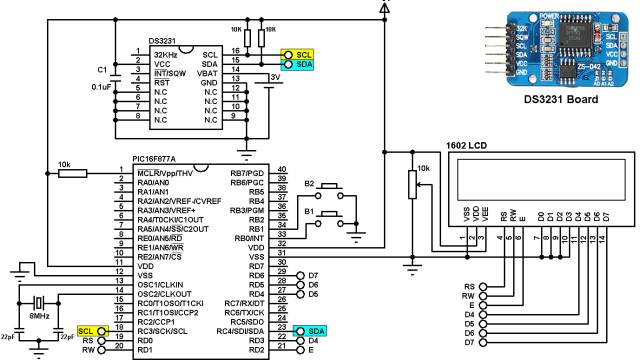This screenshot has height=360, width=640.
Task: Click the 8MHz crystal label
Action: pos(39,316)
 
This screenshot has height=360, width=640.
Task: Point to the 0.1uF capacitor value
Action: pos(101,87)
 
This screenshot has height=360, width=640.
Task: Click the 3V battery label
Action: pos(275,76)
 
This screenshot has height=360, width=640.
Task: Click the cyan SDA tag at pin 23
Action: pos(315,330)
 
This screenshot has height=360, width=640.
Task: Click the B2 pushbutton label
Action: pos(309,184)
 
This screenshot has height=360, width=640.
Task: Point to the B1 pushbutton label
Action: pos(309,213)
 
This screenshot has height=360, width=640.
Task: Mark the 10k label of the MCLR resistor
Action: pos(64,163)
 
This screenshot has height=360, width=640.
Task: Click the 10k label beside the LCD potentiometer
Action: pos(423,169)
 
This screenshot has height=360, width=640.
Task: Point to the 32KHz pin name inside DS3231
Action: pos(165,54)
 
